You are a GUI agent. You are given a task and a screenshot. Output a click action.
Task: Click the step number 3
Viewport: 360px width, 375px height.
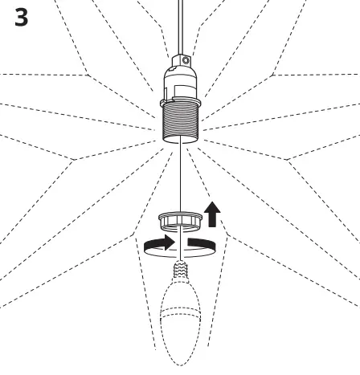click(x=23, y=18)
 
